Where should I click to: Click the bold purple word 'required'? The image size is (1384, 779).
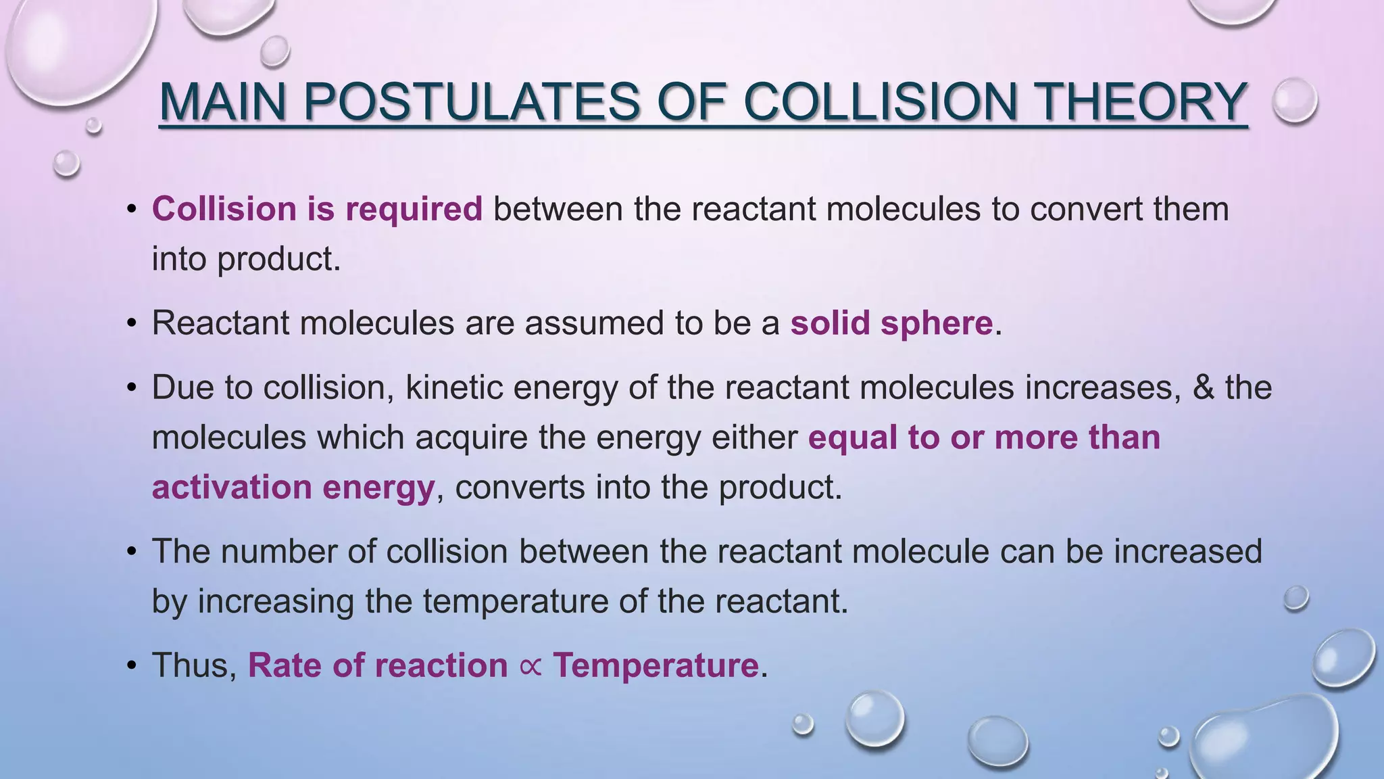(x=414, y=209)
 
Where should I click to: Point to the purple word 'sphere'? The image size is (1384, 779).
(x=936, y=323)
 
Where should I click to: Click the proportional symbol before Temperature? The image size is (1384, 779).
(x=530, y=666)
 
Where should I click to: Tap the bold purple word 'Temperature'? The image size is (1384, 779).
(x=656, y=665)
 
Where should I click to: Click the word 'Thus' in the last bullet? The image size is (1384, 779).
(x=193, y=665)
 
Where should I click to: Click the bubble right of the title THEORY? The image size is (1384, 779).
(x=1295, y=100)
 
